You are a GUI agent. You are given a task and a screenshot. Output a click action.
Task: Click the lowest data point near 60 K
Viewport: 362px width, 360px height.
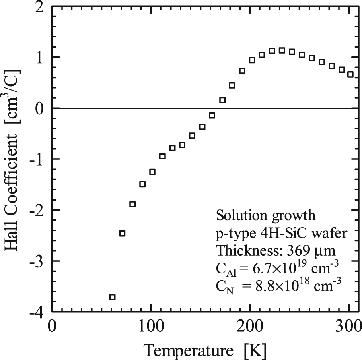coord(113,297)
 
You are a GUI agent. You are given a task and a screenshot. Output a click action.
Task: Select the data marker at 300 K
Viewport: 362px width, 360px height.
coord(350,74)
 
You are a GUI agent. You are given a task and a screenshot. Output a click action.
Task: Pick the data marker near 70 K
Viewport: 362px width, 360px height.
coord(123,234)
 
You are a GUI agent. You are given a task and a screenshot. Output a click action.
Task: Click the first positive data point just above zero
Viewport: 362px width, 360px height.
coord(222,100)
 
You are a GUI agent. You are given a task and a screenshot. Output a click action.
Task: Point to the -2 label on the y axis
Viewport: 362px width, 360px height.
coord(37,210)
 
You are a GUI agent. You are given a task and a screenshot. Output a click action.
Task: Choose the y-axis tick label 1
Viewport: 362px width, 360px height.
coord(40,58)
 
